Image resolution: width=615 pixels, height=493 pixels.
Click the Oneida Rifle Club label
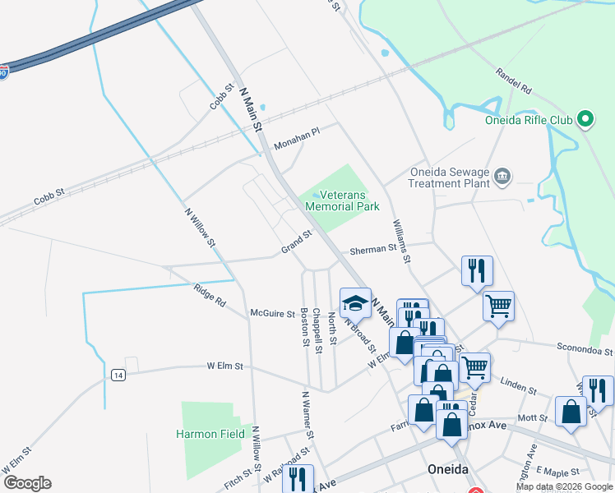(x=527, y=120)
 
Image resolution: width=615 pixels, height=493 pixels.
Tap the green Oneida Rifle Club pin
(x=585, y=120)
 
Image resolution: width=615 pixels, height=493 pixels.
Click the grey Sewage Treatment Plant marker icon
(x=502, y=176)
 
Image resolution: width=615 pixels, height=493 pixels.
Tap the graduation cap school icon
(x=356, y=302)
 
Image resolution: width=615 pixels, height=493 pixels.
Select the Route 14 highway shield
(x=119, y=375)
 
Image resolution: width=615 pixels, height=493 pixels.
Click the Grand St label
(x=297, y=241)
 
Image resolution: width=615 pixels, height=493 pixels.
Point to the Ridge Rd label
(x=210, y=295)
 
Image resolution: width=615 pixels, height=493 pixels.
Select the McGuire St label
(x=272, y=313)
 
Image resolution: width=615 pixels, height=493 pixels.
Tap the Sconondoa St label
(x=585, y=350)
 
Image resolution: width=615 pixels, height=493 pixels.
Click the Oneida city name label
(x=448, y=469)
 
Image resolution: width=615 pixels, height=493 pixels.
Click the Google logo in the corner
(x=27, y=483)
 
